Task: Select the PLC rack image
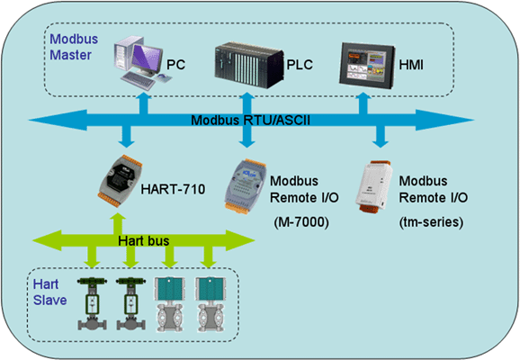tap(248, 65)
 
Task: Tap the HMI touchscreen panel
tap(367, 65)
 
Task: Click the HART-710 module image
tap(120, 181)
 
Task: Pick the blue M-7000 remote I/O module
tap(245, 186)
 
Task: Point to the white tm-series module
tap(373, 187)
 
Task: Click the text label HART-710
tap(173, 190)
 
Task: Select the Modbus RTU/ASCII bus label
tap(251, 120)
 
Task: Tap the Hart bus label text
tap(144, 240)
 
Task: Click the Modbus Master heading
tap(74, 47)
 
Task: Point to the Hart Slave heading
tap(49, 292)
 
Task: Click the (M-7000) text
tap(301, 222)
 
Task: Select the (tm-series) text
tap(431, 222)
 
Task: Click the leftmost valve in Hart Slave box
tap(92, 303)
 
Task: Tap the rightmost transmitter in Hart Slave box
tap(211, 303)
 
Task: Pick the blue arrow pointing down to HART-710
tap(127, 137)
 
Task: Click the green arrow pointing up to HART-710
tap(117, 224)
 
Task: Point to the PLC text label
tap(300, 65)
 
